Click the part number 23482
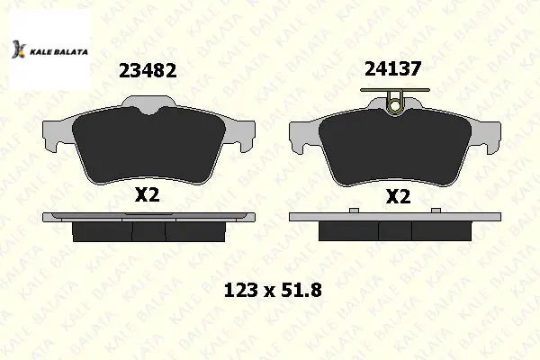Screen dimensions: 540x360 (148, 70)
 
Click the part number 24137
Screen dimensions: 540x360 (393, 69)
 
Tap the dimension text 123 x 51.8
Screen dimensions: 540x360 (273, 291)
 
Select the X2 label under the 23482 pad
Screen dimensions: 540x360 (147, 195)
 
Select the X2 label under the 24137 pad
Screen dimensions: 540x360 (398, 197)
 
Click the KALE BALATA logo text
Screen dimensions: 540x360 (58, 52)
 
